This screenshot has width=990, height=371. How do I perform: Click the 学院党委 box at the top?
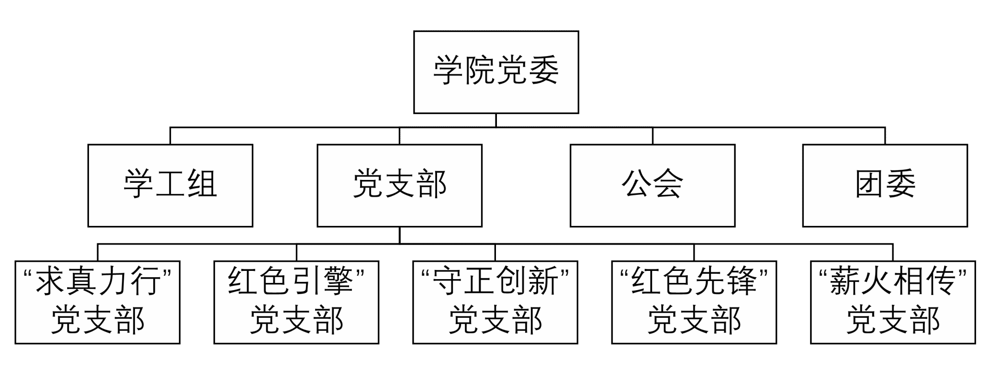coord(496,72)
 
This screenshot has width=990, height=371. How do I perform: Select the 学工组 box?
coord(170,185)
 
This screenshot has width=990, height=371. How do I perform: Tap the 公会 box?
coord(653,185)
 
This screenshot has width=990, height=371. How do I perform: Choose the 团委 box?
coord(885,185)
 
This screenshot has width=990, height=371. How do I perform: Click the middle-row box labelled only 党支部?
coord(399,185)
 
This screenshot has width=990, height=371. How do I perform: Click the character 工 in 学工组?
coord(170,184)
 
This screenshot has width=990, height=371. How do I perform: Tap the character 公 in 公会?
coord(637,184)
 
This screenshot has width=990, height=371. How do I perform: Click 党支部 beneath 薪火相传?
coord(893,320)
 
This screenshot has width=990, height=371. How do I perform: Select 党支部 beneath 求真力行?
coord(98,320)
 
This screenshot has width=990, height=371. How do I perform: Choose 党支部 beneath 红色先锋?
coord(694,320)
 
